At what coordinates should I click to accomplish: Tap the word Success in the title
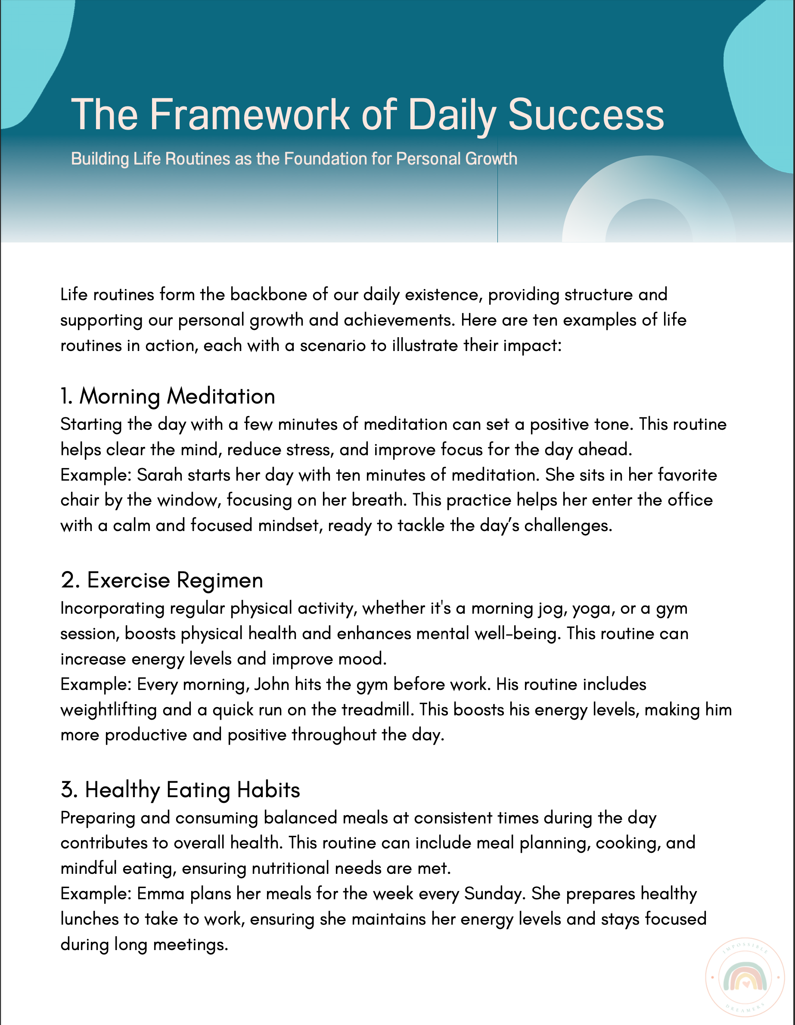click(x=586, y=115)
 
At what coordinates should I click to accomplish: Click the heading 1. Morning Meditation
click(x=168, y=396)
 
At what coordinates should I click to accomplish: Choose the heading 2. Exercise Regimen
click(x=162, y=580)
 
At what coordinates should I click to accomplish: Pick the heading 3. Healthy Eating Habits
click(x=180, y=789)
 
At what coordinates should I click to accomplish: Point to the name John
click(x=271, y=684)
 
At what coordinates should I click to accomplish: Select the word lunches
click(x=90, y=919)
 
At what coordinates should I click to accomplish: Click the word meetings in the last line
click(x=190, y=944)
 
